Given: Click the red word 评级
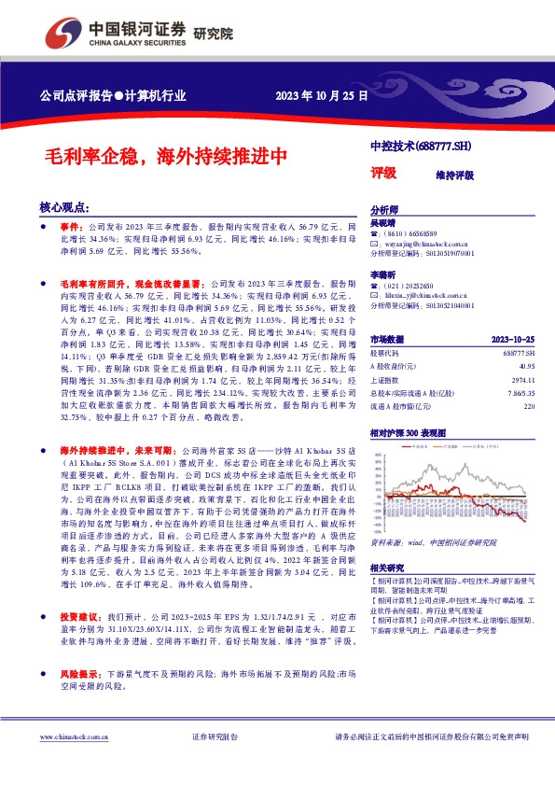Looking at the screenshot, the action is point(383,172).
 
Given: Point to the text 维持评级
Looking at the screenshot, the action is point(454,175).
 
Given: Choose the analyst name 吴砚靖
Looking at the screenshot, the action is point(383,224).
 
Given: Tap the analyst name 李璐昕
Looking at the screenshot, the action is point(383,276).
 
